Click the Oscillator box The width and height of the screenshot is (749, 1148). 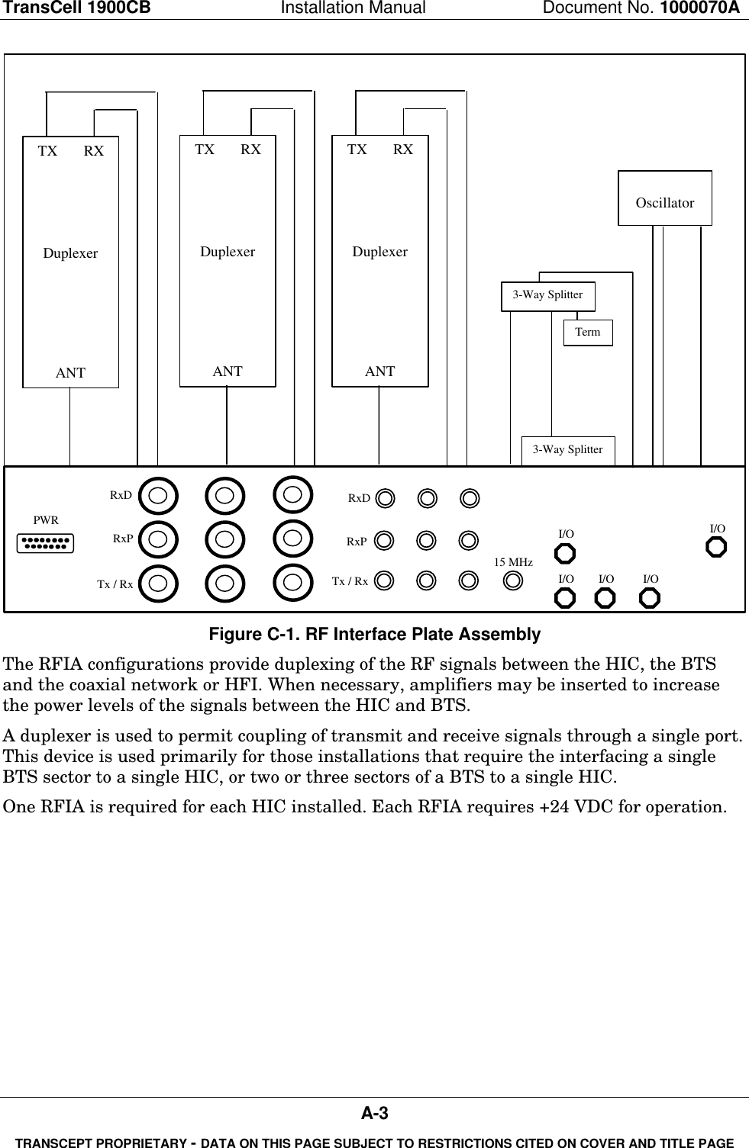664,198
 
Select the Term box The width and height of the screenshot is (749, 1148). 587,333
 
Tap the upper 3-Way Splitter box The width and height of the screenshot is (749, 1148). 547,295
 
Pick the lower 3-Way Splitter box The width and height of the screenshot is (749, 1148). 567,450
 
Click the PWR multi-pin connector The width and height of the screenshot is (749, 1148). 46,543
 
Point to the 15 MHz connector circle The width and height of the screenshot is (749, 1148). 514,580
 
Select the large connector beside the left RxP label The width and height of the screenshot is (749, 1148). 159,538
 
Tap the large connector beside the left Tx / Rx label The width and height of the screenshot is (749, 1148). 159,583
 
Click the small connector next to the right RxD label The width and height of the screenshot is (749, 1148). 386,498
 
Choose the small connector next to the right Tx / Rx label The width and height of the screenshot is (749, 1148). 386,580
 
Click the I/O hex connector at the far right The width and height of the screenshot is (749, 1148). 715,547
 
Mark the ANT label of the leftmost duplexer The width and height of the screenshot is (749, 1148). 70,373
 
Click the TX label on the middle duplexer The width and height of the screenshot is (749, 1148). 205,150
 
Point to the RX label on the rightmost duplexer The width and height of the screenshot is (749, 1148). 403,150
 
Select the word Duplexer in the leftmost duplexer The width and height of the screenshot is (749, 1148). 70,253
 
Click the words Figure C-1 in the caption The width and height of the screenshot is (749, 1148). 242,635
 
